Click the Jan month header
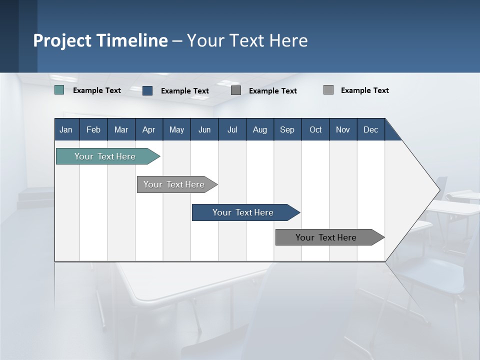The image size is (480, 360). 66,129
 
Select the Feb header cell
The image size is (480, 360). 93,129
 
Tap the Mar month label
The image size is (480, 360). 121,129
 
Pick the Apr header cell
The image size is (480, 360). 149,129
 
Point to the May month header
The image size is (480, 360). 176,129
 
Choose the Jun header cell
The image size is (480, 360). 204,129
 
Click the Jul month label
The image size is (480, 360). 232,129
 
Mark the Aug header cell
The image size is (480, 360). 260,129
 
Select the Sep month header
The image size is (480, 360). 287,129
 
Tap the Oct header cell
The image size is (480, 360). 315,129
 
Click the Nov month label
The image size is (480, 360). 343,129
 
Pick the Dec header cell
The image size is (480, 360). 371,129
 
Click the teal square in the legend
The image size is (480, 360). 59,90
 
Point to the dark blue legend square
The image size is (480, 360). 147,90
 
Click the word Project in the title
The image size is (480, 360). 62,40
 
